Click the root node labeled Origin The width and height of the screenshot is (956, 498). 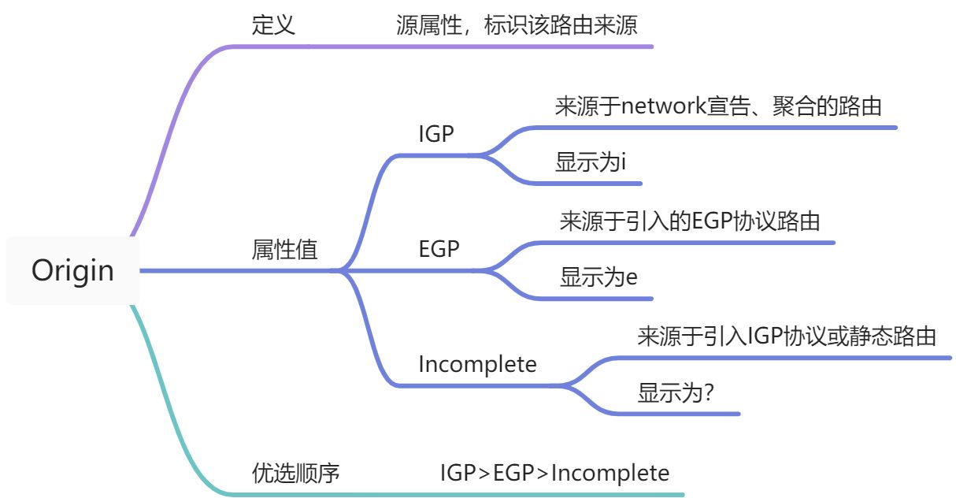72,271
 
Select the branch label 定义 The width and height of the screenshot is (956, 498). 273,25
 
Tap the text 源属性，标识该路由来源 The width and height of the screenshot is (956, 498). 516,25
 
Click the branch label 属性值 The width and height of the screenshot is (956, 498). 284,251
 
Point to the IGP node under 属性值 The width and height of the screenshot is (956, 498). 436,134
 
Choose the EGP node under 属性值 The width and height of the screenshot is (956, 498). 439,249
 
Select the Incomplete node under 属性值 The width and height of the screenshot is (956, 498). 477,364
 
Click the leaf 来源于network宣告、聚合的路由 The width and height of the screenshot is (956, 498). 717,106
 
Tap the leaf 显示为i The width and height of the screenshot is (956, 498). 590,163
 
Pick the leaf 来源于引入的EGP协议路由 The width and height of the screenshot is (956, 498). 690,221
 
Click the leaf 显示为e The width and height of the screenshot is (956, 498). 598,277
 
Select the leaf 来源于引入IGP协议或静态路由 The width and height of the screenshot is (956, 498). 787,336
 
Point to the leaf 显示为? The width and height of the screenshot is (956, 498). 676,393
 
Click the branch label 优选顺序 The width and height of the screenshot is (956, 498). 295,473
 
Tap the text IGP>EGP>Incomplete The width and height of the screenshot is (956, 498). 554,473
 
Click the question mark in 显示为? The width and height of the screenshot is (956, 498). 709,393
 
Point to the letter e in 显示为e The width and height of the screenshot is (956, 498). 631,278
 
